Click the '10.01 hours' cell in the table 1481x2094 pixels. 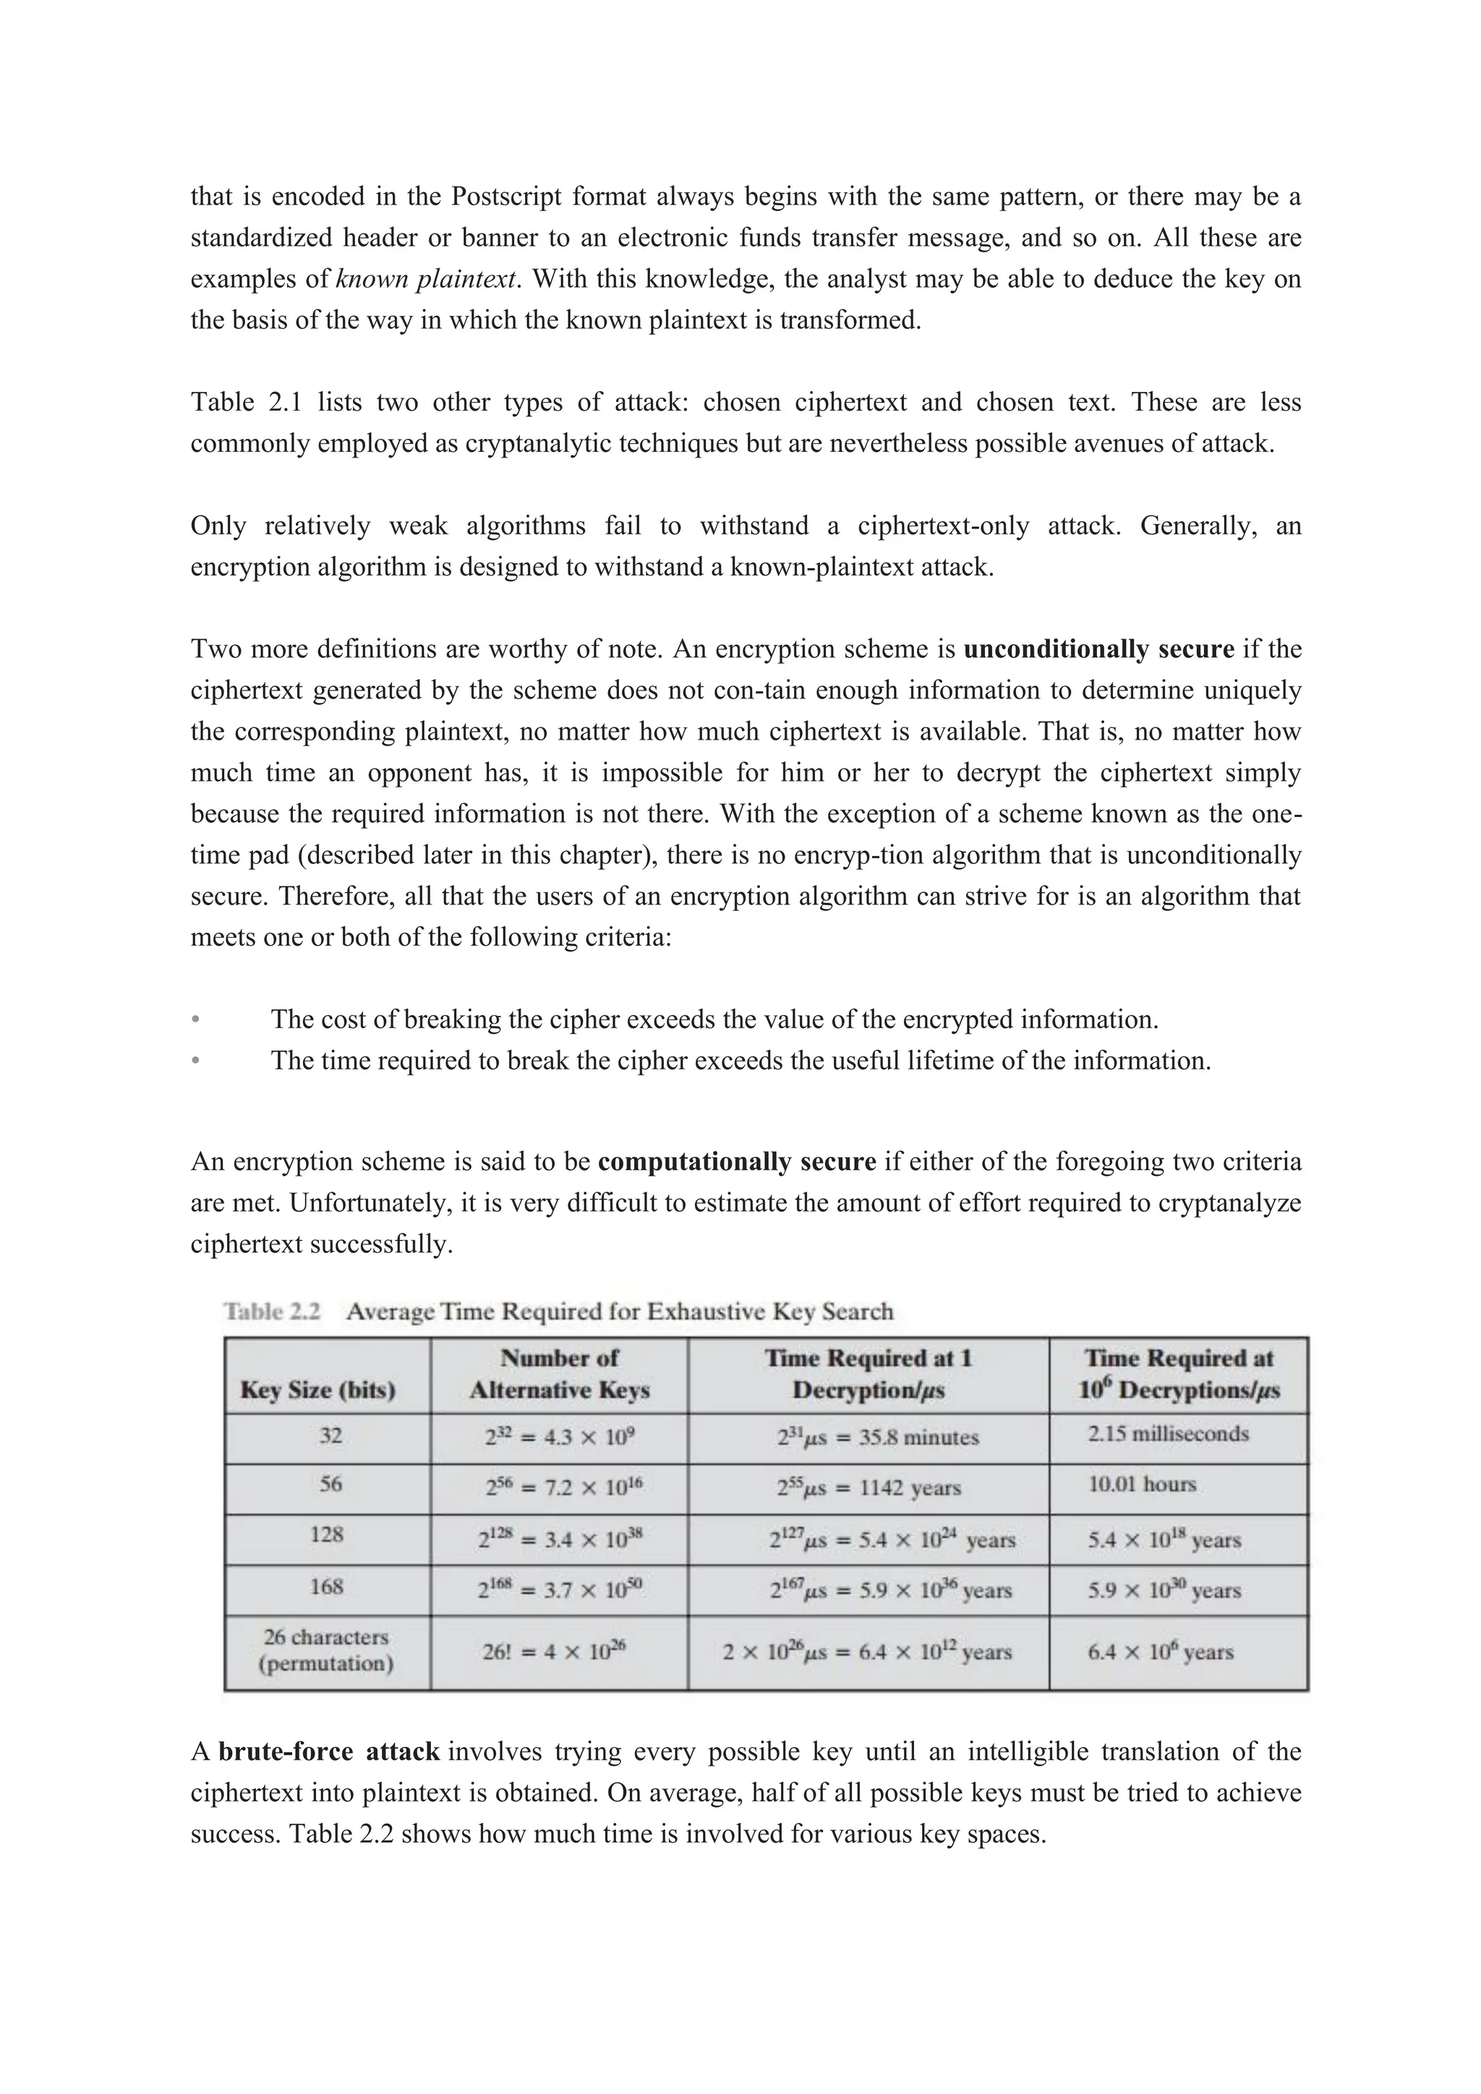pos(1141,1484)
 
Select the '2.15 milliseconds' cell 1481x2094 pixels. pos(1167,1434)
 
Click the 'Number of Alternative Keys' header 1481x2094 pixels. pos(559,1375)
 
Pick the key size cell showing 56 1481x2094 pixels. pos(330,1484)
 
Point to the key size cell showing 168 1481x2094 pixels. pos(326,1587)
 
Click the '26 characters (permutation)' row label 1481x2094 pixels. pos(325,1650)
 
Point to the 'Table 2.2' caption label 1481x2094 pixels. pos(272,1312)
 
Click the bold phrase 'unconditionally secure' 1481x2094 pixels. pos(1098,649)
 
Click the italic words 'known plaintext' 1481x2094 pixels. pos(426,279)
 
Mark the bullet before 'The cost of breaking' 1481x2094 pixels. pos(195,1020)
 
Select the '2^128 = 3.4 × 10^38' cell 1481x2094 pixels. pos(560,1539)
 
